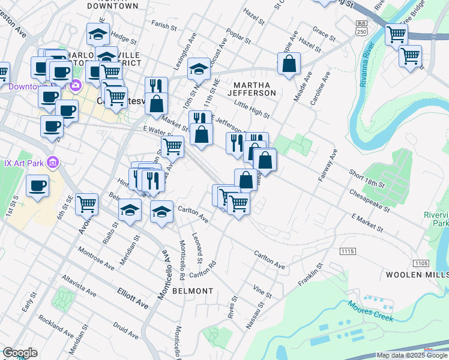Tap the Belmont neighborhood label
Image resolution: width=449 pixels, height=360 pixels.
click(193, 291)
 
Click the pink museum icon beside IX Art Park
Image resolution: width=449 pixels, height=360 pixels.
click(52, 162)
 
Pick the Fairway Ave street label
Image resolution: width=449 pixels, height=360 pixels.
click(325, 165)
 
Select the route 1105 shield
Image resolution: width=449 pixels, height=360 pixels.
click(421, 263)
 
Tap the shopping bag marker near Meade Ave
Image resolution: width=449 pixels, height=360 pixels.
click(289, 64)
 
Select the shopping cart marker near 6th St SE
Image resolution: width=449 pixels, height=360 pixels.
click(87, 204)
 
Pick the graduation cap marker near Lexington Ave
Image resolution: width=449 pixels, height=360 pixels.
click(199, 68)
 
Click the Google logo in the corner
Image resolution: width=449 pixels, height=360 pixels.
click(20, 353)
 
